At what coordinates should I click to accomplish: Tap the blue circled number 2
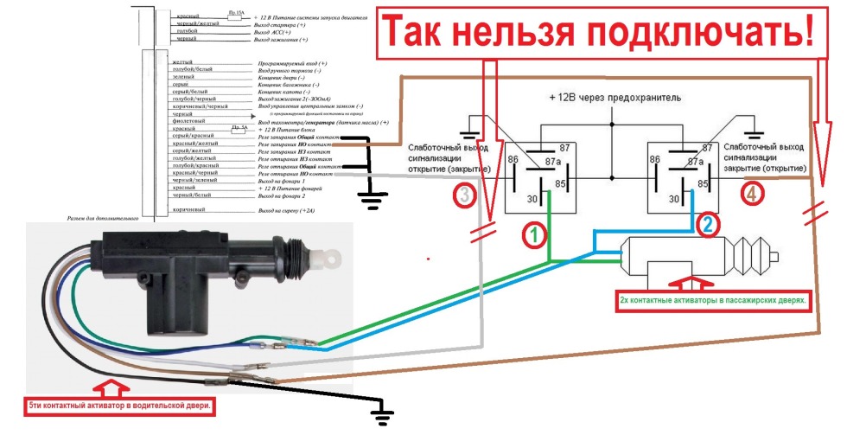tap(707, 225)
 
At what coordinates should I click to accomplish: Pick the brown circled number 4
tap(751, 195)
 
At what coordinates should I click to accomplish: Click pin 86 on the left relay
tap(513, 161)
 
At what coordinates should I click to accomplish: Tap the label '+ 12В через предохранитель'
tap(615, 98)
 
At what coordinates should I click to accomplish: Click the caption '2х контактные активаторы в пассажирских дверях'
tap(713, 300)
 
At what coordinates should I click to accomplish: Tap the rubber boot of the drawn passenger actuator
tap(753, 259)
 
